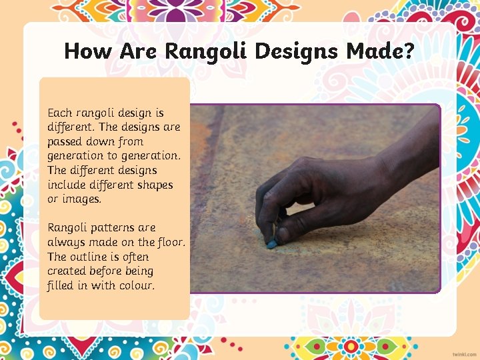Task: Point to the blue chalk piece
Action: [272, 245]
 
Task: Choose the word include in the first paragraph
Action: [67, 185]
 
